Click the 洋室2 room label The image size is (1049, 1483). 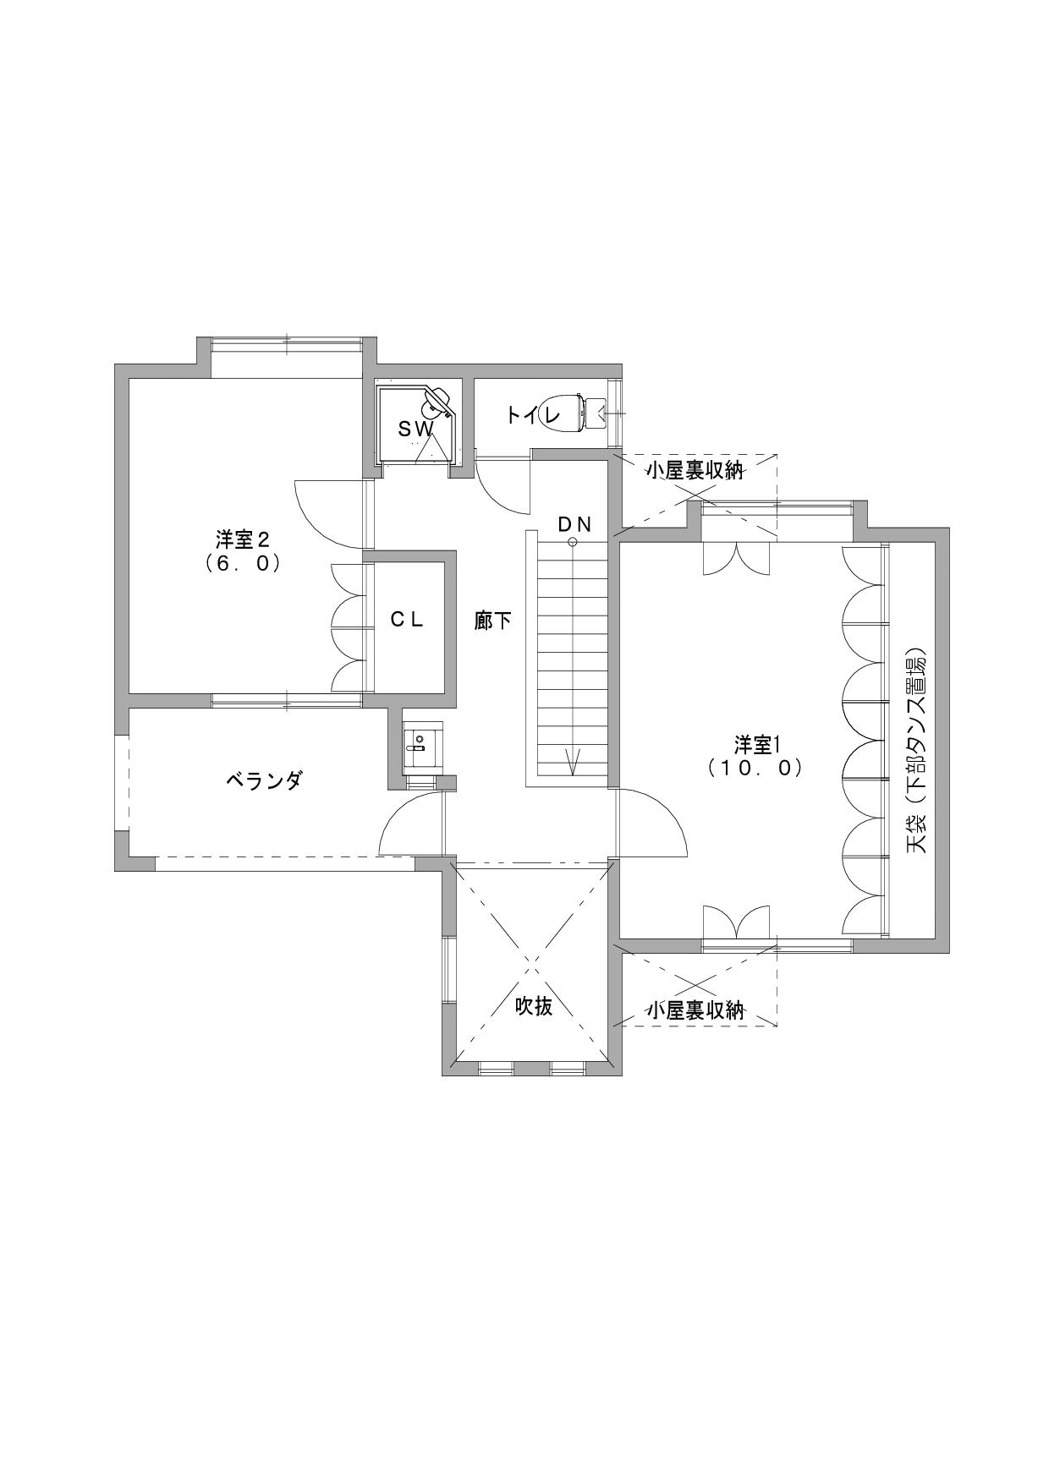[x=243, y=539]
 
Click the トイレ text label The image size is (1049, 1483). [x=534, y=415]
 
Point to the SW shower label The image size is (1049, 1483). [x=416, y=430]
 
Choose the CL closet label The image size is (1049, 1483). [x=406, y=619]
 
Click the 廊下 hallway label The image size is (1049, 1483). [x=493, y=621]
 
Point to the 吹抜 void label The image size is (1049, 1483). [x=535, y=1006]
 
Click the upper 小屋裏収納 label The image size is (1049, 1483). [x=695, y=470]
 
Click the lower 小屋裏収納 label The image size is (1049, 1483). [x=695, y=1010]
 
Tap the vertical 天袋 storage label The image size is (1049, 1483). [x=917, y=752]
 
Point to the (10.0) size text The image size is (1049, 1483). [x=755, y=768]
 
